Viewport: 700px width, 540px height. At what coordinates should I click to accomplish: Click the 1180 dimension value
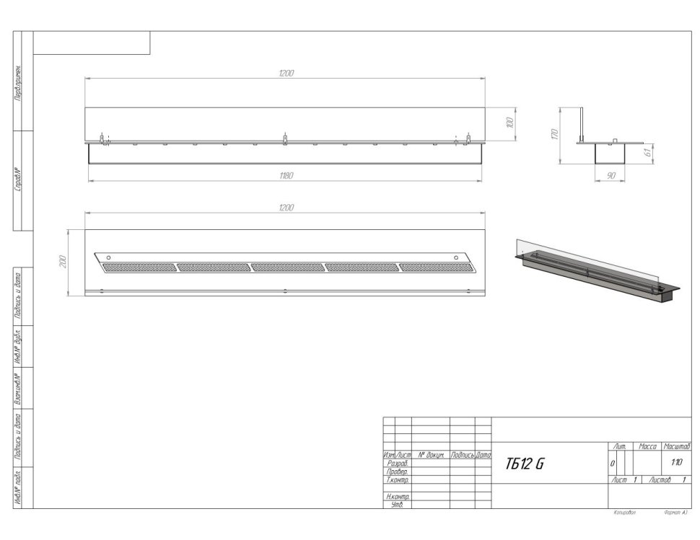click(286, 175)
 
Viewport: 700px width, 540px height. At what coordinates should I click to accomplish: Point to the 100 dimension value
click(509, 123)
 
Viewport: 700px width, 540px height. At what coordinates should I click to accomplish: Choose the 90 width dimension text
click(611, 176)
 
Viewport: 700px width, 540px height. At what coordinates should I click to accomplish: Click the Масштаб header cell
click(677, 447)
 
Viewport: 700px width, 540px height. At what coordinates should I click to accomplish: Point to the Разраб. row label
click(398, 464)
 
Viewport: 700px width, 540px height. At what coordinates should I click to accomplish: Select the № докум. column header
click(430, 456)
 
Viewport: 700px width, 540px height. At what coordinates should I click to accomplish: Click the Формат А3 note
click(675, 513)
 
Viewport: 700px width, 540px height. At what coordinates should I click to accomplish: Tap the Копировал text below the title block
click(623, 513)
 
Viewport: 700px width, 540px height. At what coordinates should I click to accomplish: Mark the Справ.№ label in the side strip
click(17, 180)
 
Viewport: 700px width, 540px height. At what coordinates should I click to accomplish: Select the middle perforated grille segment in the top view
click(286, 267)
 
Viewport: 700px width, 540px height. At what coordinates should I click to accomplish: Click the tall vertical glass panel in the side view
click(582, 124)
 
